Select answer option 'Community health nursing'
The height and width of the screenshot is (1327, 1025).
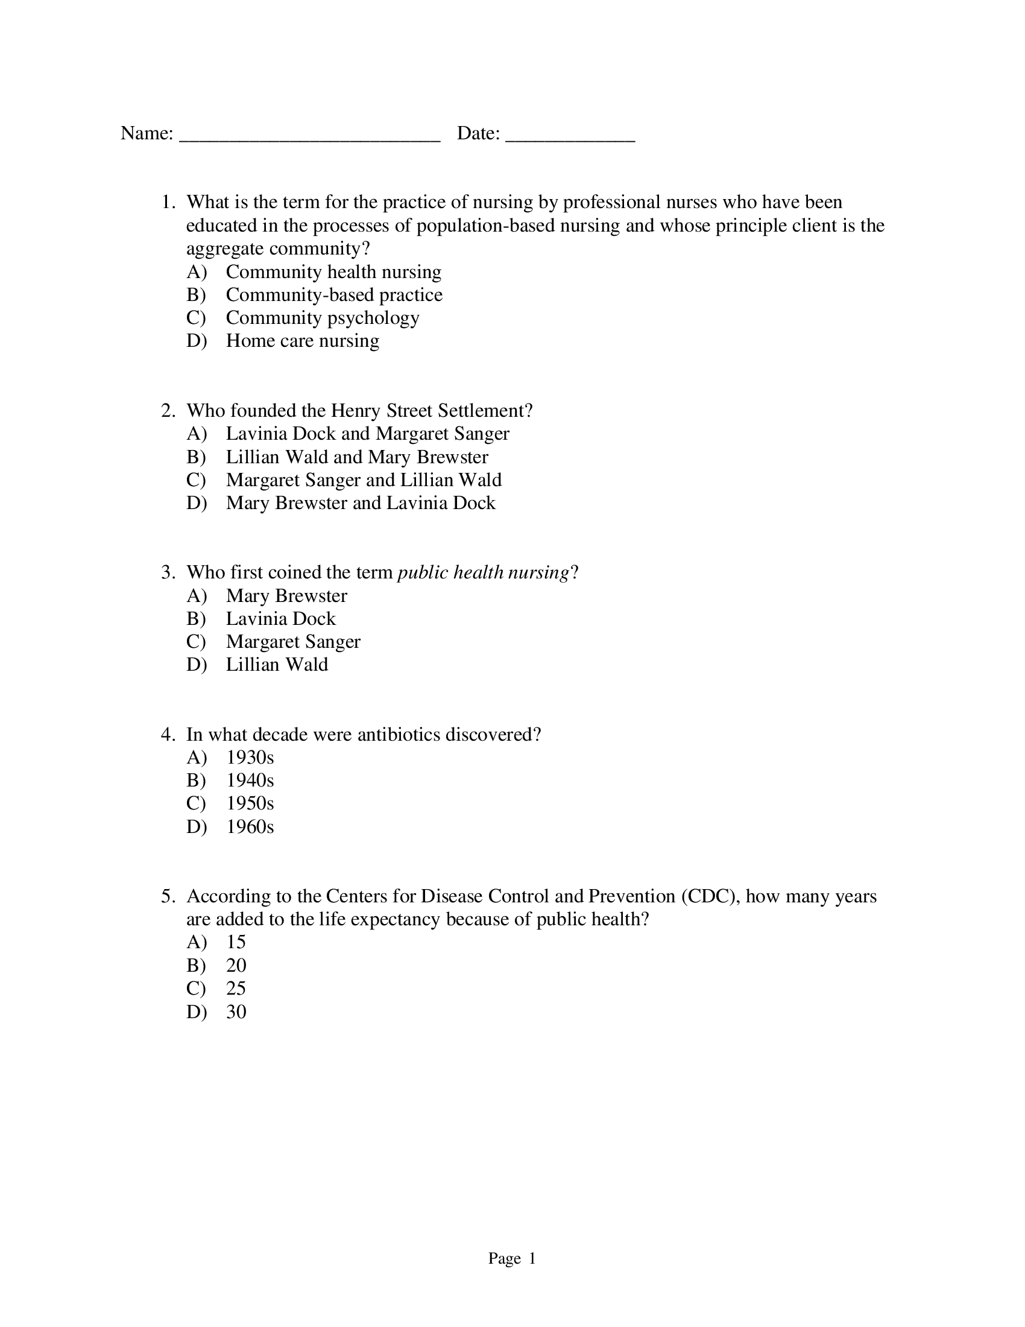click(333, 271)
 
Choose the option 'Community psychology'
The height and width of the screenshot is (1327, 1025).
click(323, 318)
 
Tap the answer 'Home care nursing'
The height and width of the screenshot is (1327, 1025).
click(303, 341)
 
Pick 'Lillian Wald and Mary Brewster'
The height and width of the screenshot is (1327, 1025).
click(357, 457)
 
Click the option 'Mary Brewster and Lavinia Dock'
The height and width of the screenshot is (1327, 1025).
click(361, 503)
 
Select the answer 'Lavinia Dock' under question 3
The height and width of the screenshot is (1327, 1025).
click(280, 618)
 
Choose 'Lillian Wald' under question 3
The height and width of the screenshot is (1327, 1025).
click(277, 665)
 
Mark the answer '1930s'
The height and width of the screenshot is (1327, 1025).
click(250, 758)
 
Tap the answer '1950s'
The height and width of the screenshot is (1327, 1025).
click(250, 804)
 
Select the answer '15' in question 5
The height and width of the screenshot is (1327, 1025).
click(236, 942)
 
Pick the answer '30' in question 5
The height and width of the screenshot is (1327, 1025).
click(236, 1012)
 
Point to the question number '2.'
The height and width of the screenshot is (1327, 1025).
click(168, 411)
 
